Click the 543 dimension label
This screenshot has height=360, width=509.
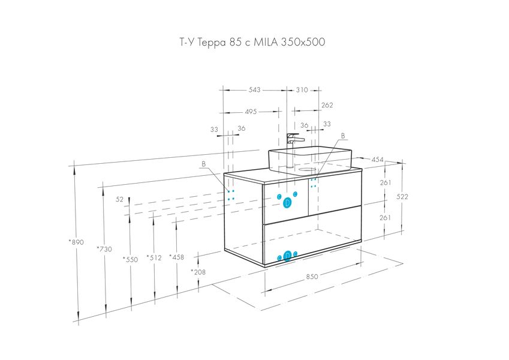point(254,89)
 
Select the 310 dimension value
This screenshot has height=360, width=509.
point(302,89)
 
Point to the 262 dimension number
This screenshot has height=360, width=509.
point(327,105)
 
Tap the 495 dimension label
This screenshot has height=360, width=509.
point(251,112)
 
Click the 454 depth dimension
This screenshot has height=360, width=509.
point(378,160)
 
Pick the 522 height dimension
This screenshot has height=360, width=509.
point(402,197)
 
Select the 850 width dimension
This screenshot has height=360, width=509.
point(312,277)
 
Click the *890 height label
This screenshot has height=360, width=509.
point(76,242)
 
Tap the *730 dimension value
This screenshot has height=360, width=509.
point(104,249)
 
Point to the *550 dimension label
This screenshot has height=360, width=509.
point(130,259)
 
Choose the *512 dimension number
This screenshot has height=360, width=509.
point(154,257)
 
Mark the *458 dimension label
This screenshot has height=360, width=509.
point(177,257)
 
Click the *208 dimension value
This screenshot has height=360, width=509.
point(198,272)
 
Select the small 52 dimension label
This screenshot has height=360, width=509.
point(119,199)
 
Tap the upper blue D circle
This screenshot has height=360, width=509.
point(287,203)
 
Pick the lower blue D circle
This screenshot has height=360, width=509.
point(287,256)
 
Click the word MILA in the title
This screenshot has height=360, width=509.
point(265,42)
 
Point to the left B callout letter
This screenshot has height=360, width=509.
point(203,164)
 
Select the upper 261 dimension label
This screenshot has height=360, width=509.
point(385,182)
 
